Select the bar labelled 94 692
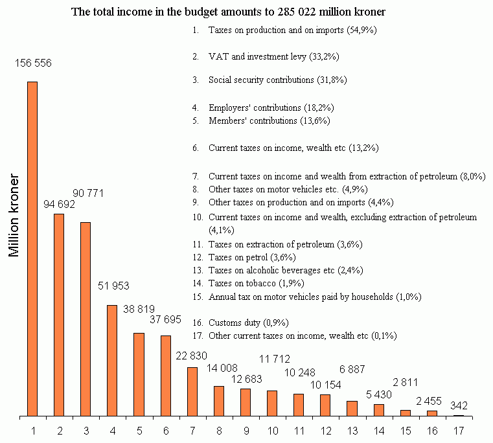point(59,314)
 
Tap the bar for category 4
point(112,360)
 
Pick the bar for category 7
point(192,391)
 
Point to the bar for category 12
point(325,405)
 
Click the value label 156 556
point(34,63)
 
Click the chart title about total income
point(232,12)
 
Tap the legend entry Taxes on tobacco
point(256,283)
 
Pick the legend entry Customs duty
point(248,322)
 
